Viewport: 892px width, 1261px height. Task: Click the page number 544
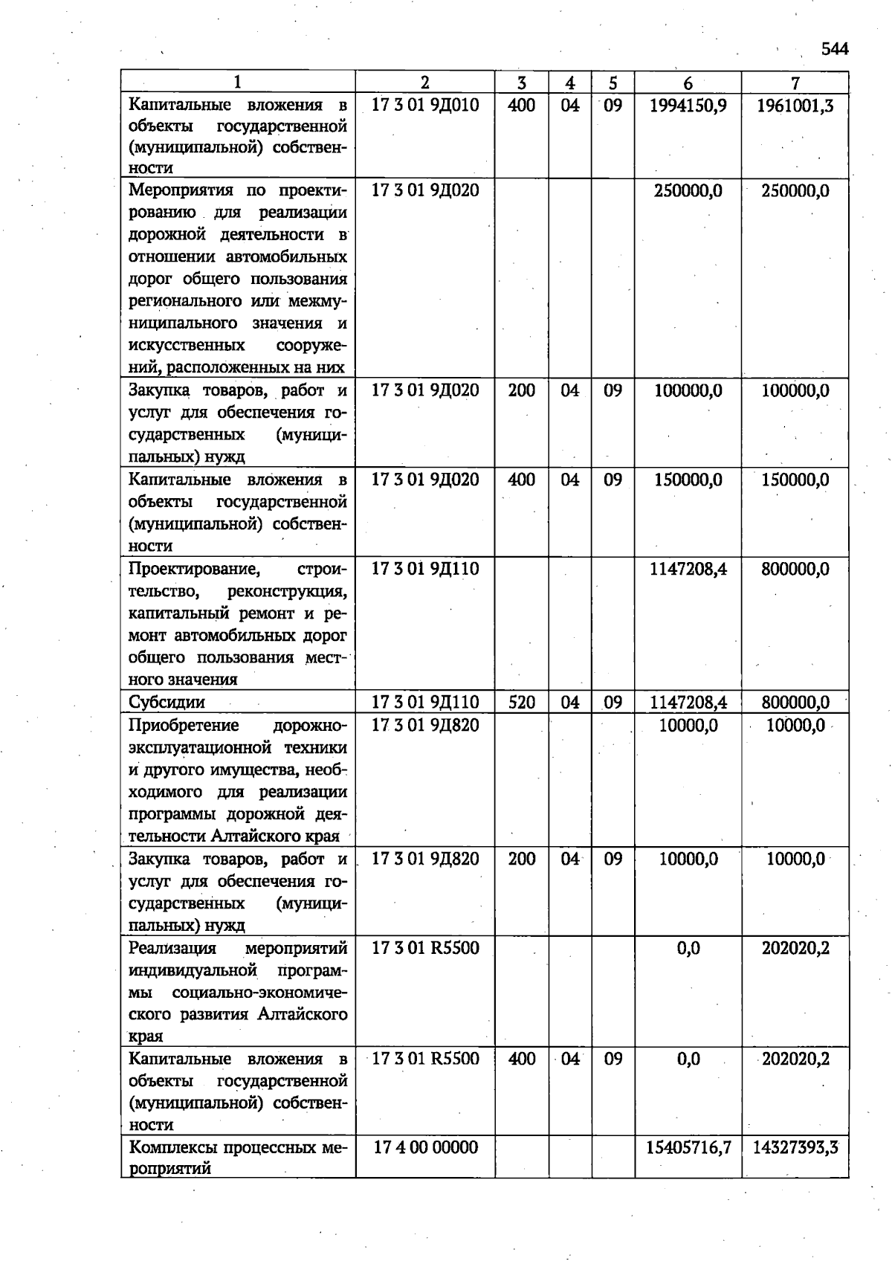834,49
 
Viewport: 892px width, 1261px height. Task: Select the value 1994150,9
688,106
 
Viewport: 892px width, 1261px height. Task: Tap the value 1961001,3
795,106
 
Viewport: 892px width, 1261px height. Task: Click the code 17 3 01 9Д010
424,106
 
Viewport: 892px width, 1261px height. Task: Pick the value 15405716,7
688,1147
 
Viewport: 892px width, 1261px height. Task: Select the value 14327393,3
795,1147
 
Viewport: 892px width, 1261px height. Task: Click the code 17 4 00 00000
424,1147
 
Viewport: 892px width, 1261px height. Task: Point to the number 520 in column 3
521,702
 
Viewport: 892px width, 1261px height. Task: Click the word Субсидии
167,703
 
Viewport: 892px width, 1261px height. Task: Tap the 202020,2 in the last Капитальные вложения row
795,1058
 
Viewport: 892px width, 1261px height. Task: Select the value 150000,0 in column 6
688,480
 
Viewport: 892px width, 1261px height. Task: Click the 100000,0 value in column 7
795,391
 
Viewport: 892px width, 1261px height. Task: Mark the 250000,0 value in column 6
688,191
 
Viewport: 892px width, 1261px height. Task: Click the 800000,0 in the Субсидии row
795,702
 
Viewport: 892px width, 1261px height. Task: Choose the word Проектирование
194,570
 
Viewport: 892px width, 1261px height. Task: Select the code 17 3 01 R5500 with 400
424,1058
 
